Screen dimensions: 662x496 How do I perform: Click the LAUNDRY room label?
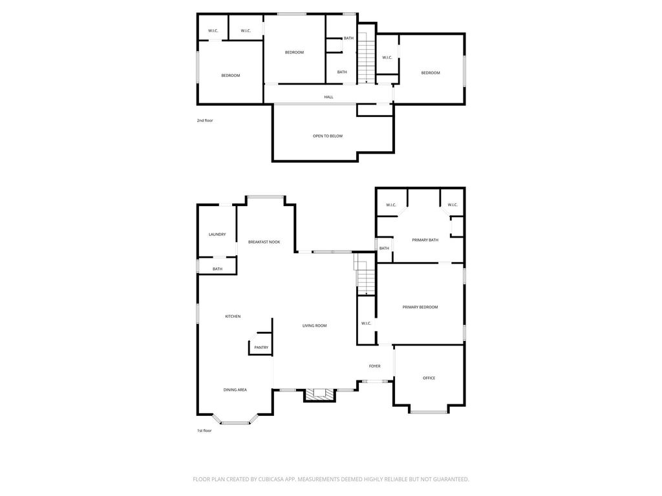[x=217, y=234]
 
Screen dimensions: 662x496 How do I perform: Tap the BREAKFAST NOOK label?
[x=264, y=242]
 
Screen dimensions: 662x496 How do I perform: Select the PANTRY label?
[x=261, y=347]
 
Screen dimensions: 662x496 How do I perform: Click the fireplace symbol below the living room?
[x=319, y=394]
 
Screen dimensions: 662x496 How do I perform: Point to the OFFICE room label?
[x=429, y=378]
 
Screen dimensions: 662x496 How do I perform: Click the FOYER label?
[x=374, y=366]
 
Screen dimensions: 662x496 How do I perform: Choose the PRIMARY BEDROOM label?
[x=420, y=307]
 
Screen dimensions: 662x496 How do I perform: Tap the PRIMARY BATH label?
[x=425, y=240]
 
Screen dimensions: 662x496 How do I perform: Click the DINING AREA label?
[x=235, y=389]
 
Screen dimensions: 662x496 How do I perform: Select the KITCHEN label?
[x=233, y=316]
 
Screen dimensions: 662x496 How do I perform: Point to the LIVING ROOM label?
[x=315, y=325]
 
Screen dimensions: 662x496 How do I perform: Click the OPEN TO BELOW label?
[x=328, y=136]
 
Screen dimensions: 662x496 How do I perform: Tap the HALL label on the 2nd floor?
[x=328, y=97]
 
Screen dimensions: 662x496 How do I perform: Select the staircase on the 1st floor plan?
[x=365, y=274]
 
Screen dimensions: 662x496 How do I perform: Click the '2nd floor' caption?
[x=205, y=121]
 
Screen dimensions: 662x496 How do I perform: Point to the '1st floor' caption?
[x=204, y=431]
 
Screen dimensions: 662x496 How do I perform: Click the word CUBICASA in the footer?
[x=273, y=479]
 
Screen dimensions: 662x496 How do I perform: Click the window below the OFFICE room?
[x=429, y=411]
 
